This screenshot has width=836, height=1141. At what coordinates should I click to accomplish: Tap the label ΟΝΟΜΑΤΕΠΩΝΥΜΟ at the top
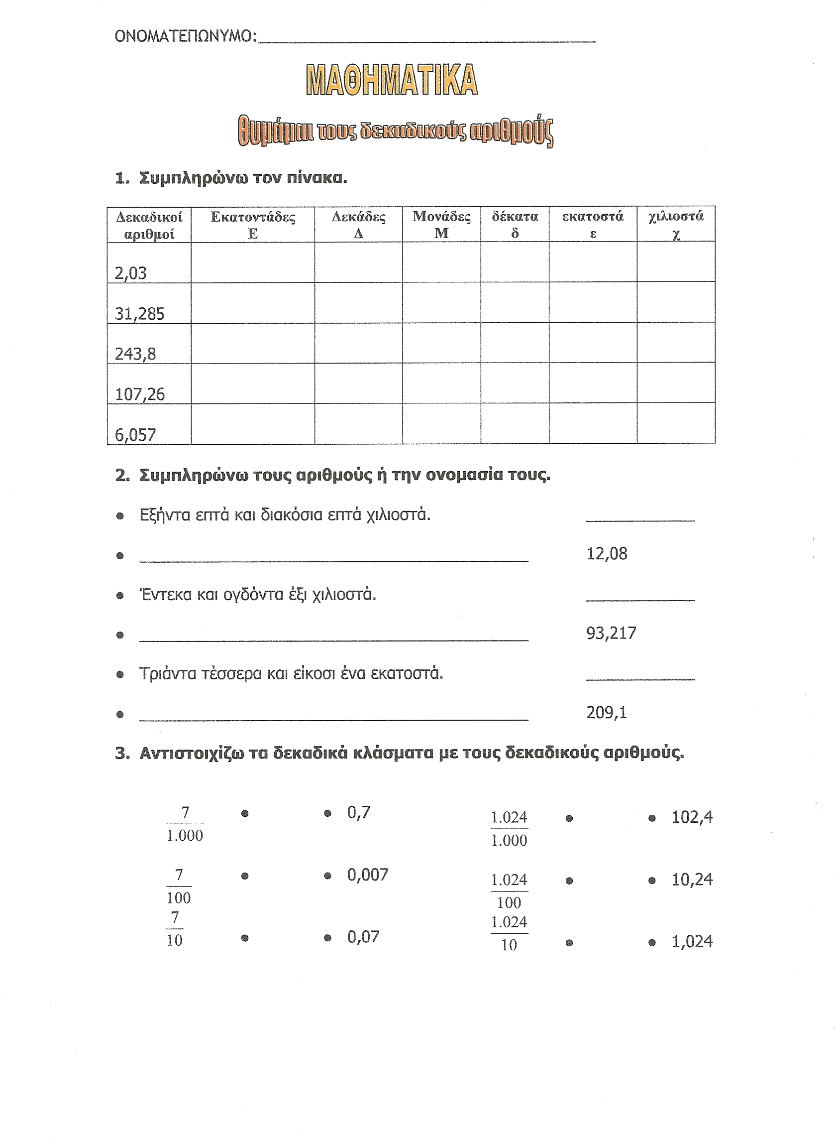click(x=186, y=36)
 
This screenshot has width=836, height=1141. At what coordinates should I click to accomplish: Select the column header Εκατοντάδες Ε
click(x=253, y=224)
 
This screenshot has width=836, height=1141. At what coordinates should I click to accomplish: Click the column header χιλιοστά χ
click(x=676, y=224)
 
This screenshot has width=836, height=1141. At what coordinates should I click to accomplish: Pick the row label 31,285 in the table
click(x=140, y=314)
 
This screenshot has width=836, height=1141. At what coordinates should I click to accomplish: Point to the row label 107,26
click(x=140, y=394)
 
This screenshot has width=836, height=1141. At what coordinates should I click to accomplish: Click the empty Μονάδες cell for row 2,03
click(x=441, y=262)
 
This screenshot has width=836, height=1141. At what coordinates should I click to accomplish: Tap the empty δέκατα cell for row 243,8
click(x=515, y=342)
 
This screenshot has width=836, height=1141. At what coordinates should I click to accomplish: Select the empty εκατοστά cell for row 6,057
click(x=593, y=423)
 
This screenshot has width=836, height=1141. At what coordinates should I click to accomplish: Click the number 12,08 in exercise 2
click(x=607, y=553)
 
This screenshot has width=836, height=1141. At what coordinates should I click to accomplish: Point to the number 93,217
click(x=611, y=633)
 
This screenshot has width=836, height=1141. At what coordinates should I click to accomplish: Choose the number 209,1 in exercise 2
click(x=607, y=713)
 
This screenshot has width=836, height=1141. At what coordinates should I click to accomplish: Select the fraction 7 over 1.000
click(x=185, y=824)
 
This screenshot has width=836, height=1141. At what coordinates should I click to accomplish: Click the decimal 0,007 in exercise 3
click(x=367, y=875)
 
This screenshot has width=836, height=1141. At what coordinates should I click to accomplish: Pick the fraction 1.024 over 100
click(x=509, y=891)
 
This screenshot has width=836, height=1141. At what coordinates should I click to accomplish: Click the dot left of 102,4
click(x=652, y=818)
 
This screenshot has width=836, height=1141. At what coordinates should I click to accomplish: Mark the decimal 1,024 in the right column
click(x=692, y=941)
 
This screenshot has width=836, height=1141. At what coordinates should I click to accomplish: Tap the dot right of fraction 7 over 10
click(x=245, y=938)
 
